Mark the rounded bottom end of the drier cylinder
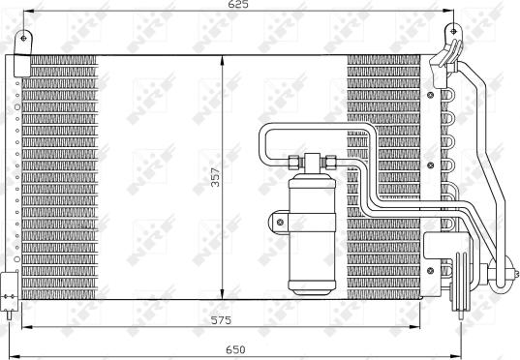[312, 286]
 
